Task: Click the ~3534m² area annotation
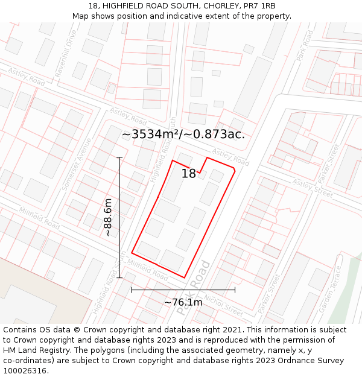(x=183, y=134)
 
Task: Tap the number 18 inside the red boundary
(x=188, y=174)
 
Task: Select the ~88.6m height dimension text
(x=108, y=217)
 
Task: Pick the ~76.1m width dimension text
(x=183, y=302)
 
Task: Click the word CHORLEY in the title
(x=222, y=6)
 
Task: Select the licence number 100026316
(x=26, y=371)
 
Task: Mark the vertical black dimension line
(x=119, y=217)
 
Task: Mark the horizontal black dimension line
(x=183, y=290)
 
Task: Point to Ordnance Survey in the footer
(x=306, y=361)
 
